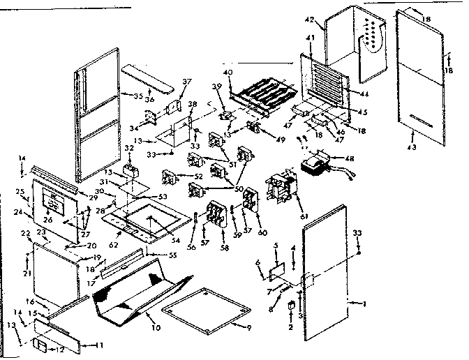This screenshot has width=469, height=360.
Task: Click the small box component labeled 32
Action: [128, 170]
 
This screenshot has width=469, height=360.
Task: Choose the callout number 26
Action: [48, 220]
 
